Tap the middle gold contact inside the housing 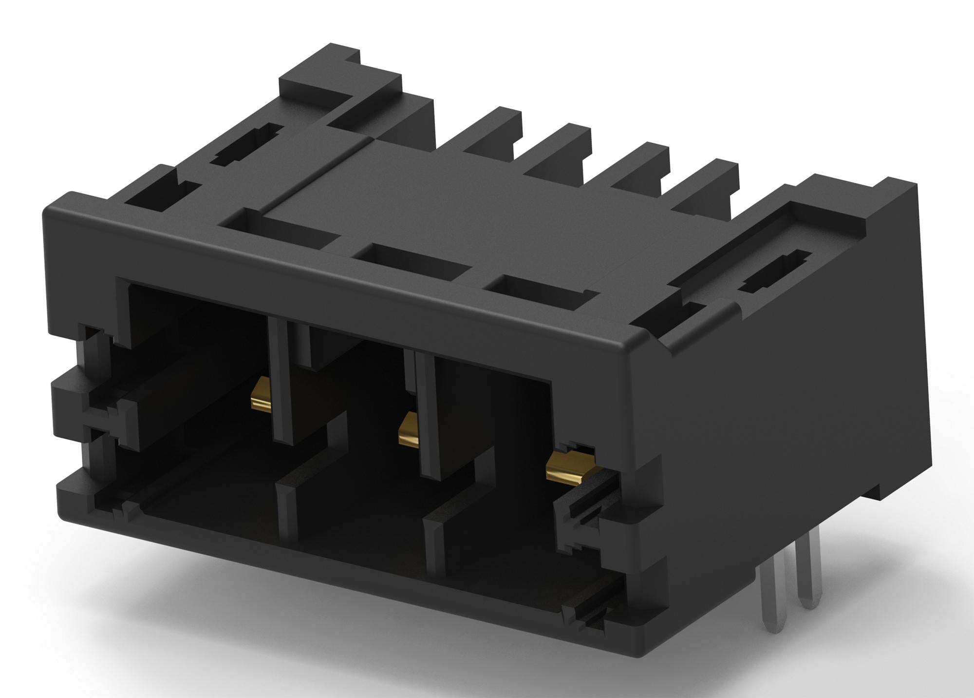pos(408,429)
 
